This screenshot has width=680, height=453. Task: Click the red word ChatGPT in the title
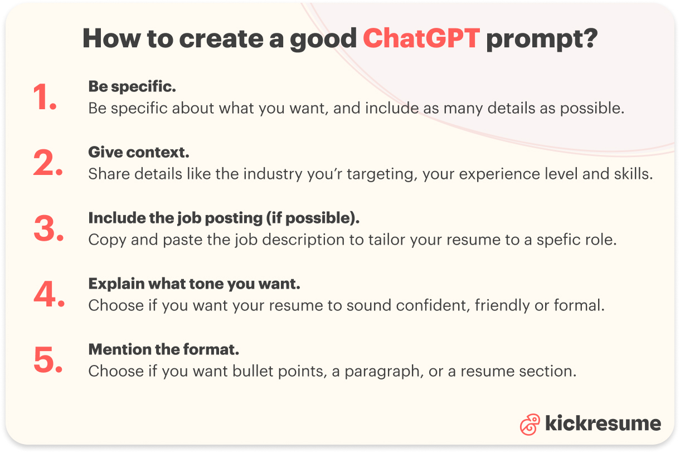(421, 38)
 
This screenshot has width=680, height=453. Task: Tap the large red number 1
(45, 98)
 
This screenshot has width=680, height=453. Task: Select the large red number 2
(48, 164)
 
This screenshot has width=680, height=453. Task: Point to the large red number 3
(48, 230)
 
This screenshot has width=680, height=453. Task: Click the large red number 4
(49, 295)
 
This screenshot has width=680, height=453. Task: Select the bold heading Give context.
(139, 152)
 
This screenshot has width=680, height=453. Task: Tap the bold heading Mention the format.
(164, 350)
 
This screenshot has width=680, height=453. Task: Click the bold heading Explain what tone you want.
(194, 284)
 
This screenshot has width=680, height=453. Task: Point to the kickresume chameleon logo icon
(530, 425)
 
